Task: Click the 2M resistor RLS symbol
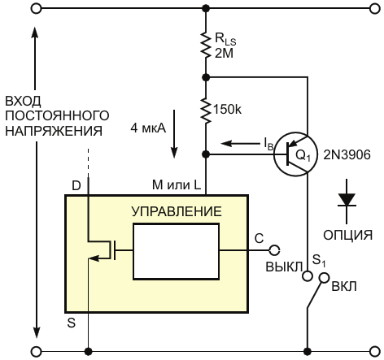tap(206, 45)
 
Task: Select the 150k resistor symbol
tap(206, 111)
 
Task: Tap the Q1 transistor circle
tap(295, 154)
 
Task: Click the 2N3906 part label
tap(347, 155)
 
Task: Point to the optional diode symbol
tap(347, 201)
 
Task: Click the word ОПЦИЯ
tap(347, 235)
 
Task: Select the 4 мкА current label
tap(148, 128)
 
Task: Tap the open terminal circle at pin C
tap(274, 250)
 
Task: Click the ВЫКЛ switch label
tap(284, 267)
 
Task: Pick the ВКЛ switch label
tap(344, 286)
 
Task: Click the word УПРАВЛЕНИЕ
tap(177, 211)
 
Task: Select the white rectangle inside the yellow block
tap(176, 251)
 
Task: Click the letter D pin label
tap(76, 186)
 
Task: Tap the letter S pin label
tap(72, 323)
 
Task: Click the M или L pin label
tap(177, 185)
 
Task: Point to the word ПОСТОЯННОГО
tap(57, 116)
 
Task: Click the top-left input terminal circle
tap(36, 9)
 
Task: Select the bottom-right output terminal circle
tap(375, 352)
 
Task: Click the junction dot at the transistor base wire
tap(206, 154)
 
